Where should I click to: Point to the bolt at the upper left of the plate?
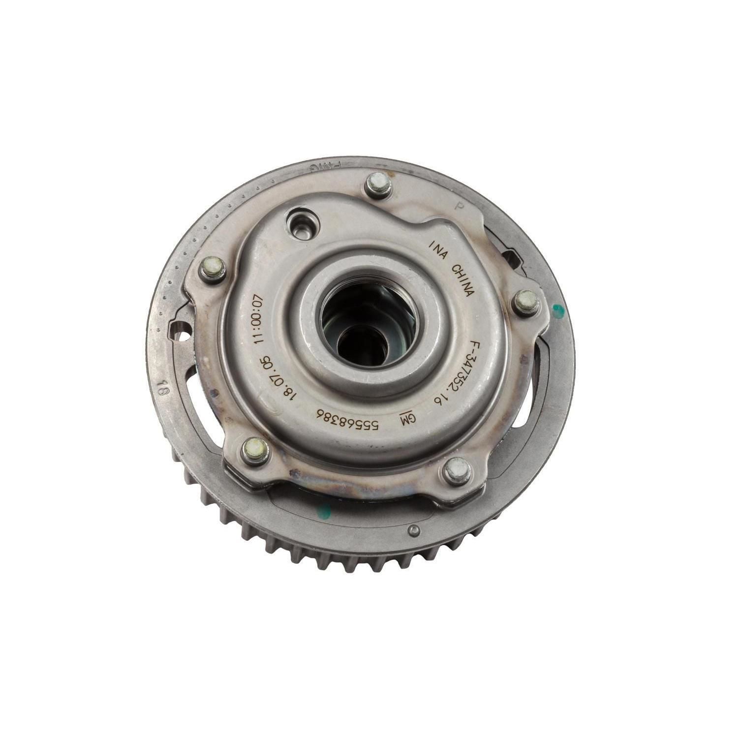tap(213, 269)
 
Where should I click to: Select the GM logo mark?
tap(408, 419)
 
